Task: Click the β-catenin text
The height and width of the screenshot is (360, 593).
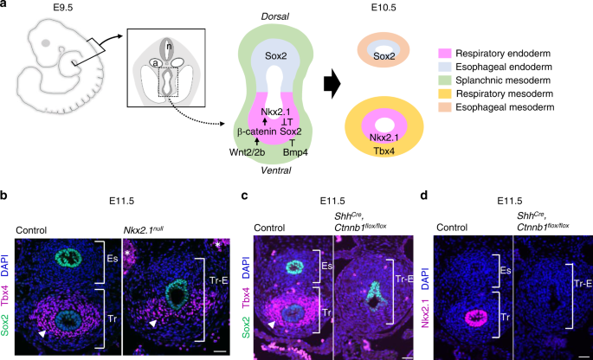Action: [x=257, y=131]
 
